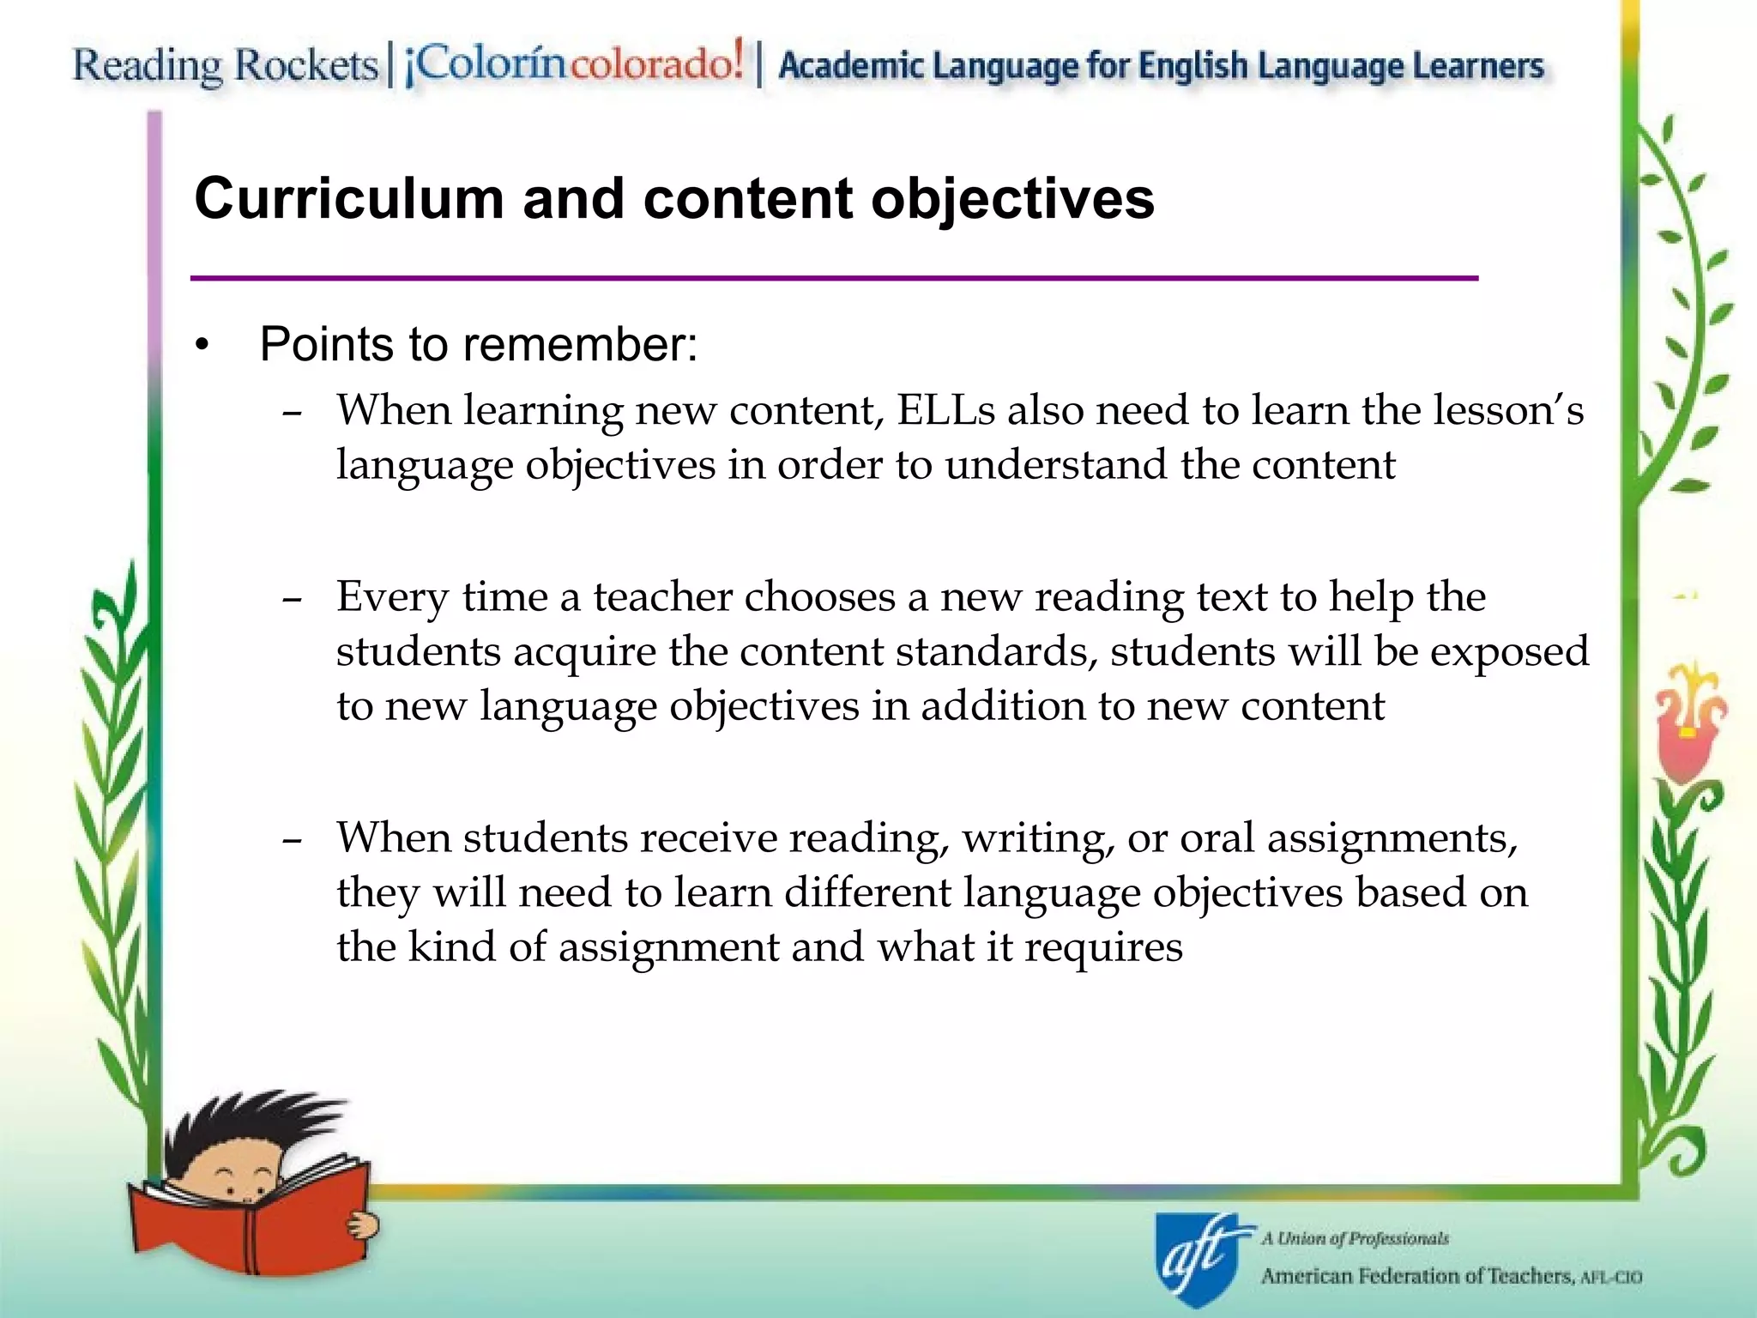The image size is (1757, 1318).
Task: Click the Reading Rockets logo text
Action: pyautogui.click(x=225, y=66)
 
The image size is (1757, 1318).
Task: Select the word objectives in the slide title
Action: pyautogui.click(x=1012, y=199)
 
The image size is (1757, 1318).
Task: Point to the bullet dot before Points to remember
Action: pyautogui.click(x=202, y=347)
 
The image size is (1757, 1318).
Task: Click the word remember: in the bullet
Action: pyautogui.click(x=581, y=345)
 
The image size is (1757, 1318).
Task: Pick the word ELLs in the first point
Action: pyautogui.click(x=945, y=410)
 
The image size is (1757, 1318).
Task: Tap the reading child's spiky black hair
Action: pyautogui.click(x=249, y=1120)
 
